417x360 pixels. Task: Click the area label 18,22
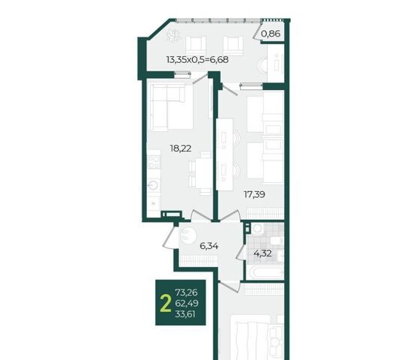[181, 148]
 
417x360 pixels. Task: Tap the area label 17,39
[254, 194]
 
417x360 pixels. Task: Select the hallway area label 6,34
[209, 246]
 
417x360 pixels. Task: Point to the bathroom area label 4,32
[262, 253]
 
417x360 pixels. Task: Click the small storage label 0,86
[271, 34]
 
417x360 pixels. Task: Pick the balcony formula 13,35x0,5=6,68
[197, 59]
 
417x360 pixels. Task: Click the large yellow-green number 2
[166, 304]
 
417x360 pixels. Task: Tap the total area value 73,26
[186, 292]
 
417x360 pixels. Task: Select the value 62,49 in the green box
[187, 303]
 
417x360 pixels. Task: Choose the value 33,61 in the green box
[185, 314]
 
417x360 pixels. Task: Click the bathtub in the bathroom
[265, 272]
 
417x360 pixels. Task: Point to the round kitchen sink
[154, 184]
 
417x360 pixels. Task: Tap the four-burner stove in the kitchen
[154, 162]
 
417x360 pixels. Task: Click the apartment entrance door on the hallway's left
[169, 237]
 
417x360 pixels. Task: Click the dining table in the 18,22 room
[203, 173]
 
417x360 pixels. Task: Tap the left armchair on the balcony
[196, 46]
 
